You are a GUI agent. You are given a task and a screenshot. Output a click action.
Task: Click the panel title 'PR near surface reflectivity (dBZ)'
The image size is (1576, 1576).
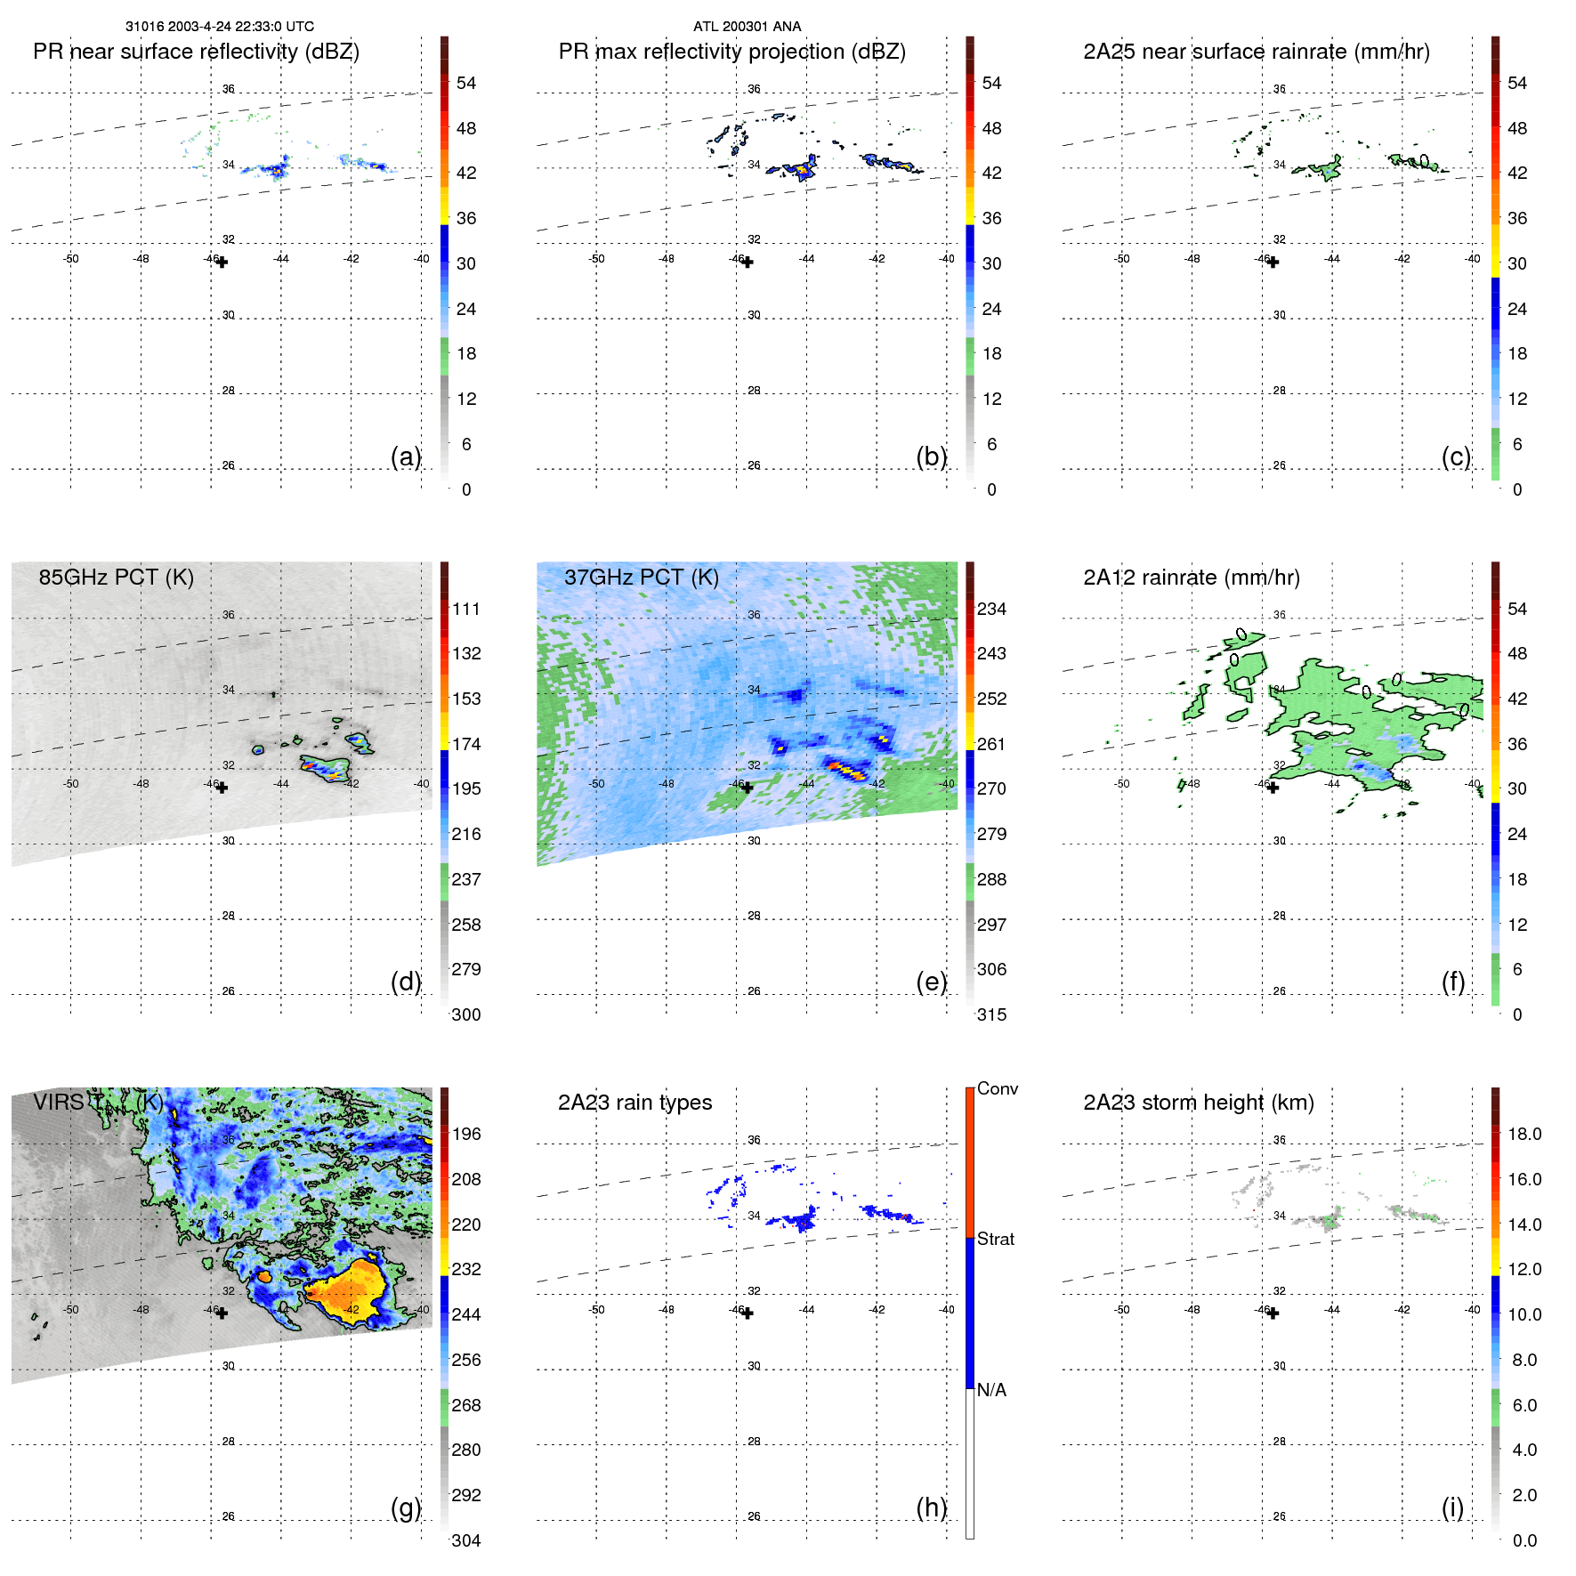point(196,52)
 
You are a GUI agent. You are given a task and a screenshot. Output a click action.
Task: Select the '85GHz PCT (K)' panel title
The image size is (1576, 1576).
point(116,578)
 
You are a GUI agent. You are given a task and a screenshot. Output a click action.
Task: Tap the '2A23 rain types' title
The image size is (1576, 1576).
point(634,1103)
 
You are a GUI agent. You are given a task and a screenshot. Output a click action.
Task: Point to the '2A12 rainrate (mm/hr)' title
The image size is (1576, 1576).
point(1191,578)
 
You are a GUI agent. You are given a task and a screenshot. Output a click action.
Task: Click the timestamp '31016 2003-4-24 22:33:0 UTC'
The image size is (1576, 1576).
point(219,27)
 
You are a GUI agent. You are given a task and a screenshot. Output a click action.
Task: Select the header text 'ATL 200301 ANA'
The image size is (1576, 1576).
point(747,27)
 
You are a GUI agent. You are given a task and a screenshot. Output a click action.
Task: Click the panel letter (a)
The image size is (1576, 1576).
point(405,457)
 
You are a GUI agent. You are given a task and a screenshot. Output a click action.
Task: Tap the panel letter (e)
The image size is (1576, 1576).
point(931,982)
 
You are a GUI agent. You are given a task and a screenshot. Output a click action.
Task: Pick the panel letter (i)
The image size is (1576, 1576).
point(1452,1507)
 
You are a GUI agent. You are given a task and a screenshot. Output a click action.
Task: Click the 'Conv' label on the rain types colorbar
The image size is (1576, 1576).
point(997,1088)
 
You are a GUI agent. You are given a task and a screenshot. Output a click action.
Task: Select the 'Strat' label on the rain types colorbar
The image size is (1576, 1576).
point(995,1239)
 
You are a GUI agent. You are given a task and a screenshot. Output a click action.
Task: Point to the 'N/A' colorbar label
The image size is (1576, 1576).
point(991,1390)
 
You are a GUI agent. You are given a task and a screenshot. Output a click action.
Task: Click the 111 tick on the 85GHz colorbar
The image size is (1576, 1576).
point(465,609)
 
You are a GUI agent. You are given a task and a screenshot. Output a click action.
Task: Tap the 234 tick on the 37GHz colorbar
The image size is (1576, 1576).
point(991,609)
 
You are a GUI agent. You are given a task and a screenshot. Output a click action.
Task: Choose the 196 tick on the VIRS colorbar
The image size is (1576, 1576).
point(465,1134)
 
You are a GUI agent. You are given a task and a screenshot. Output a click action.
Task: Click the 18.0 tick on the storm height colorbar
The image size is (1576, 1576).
point(1523,1134)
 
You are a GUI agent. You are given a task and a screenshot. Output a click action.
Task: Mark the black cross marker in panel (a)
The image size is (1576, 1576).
point(222,263)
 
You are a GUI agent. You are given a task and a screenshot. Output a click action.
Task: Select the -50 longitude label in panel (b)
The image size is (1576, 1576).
point(596,259)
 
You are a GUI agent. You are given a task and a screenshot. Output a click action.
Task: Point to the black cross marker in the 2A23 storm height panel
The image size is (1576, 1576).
point(1273,1313)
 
